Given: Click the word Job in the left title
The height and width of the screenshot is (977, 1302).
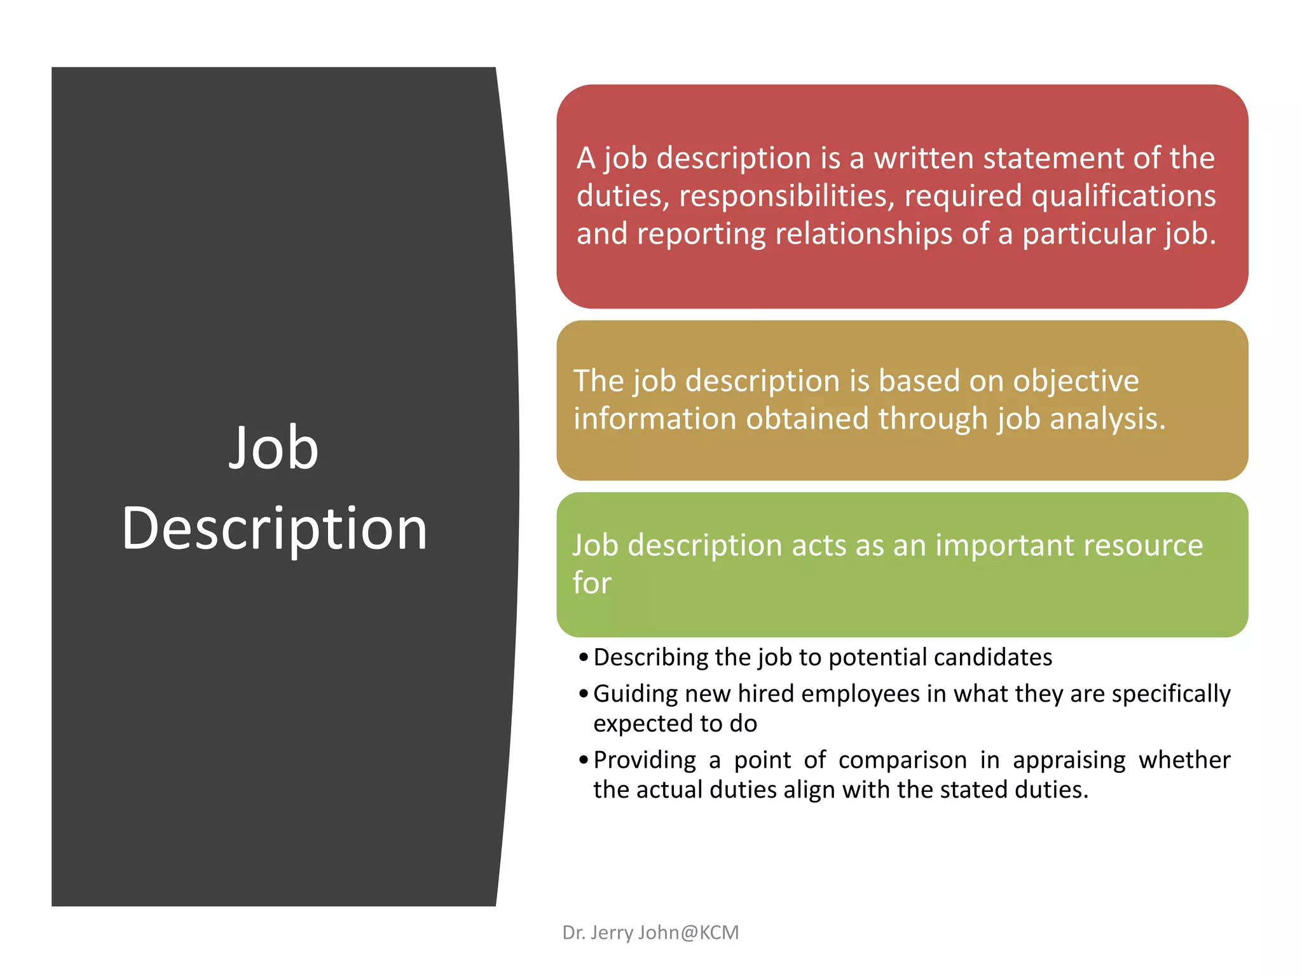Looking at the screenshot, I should (273, 448).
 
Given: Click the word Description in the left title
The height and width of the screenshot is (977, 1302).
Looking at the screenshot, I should (275, 529).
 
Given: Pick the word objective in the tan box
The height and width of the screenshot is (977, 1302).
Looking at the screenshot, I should (1076, 381).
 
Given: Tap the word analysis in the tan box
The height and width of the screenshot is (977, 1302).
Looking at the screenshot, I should (1107, 419).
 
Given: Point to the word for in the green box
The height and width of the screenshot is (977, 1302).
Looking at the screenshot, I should (592, 583).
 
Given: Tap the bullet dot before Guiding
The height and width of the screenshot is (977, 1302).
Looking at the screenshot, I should (584, 694).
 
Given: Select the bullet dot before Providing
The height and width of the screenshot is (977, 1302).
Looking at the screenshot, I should (584, 760).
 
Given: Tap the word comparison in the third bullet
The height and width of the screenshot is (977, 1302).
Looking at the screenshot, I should (902, 761).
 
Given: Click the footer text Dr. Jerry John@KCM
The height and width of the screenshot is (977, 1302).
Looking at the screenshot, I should (650, 932).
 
